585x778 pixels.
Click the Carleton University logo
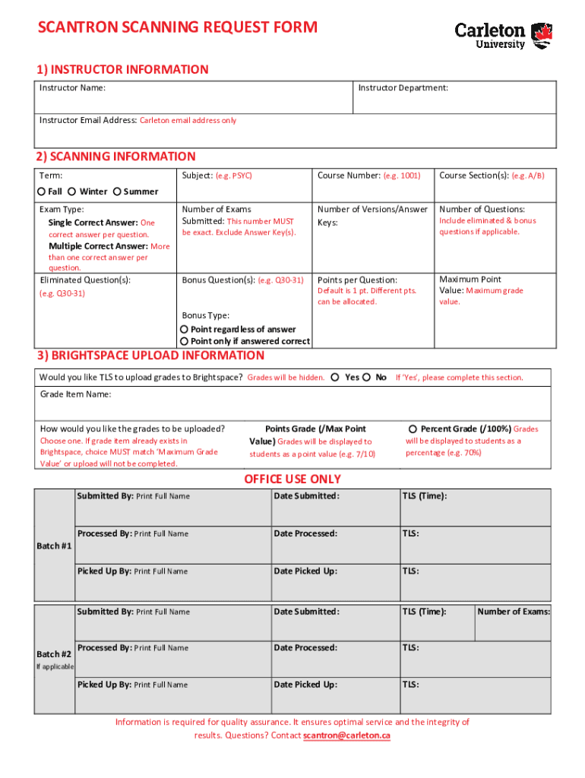(x=503, y=35)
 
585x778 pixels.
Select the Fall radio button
(x=43, y=191)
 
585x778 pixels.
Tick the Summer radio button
(x=117, y=191)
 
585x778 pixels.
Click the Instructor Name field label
(x=72, y=88)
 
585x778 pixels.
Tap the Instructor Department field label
(x=403, y=88)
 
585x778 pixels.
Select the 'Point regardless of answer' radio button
(x=184, y=329)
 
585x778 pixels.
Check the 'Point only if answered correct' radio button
(x=184, y=341)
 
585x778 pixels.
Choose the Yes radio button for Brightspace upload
(x=335, y=378)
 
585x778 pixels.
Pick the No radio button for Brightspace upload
(x=367, y=378)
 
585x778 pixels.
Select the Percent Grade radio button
(x=413, y=429)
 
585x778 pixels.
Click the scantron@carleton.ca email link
(x=346, y=736)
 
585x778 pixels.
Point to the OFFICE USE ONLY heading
(x=292, y=479)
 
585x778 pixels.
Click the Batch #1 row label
(x=54, y=546)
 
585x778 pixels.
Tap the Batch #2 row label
(x=54, y=655)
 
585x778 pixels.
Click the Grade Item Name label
(x=75, y=394)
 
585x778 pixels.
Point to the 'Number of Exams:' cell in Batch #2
(x=514, y=612)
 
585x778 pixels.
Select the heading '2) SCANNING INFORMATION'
(x=115, y=157)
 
